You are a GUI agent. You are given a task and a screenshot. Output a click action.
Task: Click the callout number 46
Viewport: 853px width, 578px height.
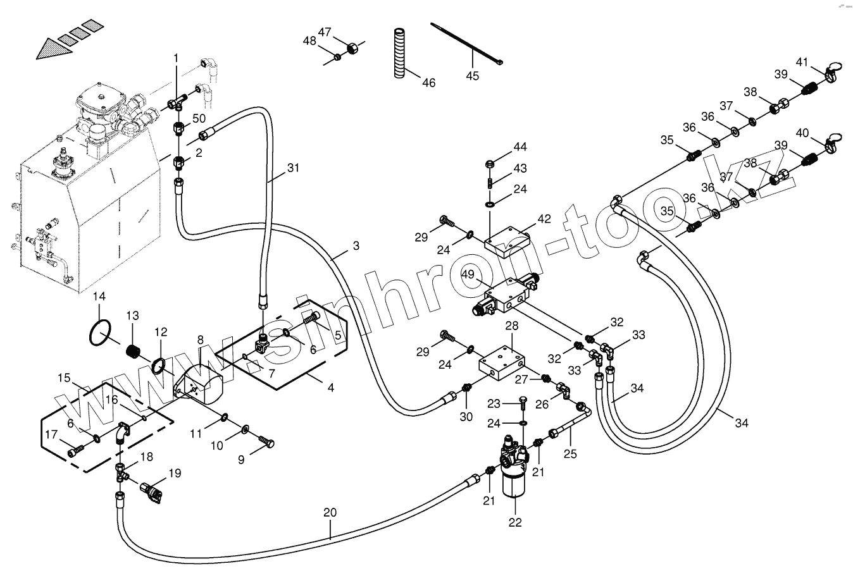click(428, 83)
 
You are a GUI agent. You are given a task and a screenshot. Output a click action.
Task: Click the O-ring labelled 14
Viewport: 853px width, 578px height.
click(99, 333)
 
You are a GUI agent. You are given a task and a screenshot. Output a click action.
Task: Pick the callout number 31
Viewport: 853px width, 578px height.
click(292, 168)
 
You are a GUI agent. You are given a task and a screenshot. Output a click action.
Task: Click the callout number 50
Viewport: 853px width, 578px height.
click(199, 119)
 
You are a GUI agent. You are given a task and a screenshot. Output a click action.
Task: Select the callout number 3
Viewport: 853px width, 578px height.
click(356, 245)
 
